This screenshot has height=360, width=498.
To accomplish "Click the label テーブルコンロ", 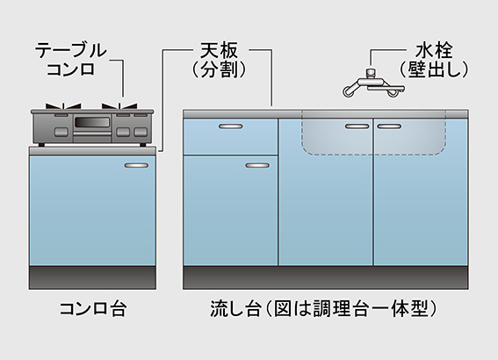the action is (70, 60).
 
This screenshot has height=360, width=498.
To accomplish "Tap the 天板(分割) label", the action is (220, 61).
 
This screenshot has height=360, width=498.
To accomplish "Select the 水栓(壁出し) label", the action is (434, 61).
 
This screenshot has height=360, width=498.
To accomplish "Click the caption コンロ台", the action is (93, 308).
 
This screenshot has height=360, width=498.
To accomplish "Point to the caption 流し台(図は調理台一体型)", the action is (323, 308).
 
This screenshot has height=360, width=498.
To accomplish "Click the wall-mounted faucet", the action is (373, 83).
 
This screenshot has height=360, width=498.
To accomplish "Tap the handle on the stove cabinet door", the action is (136, 165).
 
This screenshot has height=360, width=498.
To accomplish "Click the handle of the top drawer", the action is (231, 126).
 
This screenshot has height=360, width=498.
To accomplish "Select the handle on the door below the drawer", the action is (257, 165).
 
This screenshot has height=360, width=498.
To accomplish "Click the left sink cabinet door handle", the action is (357, 126).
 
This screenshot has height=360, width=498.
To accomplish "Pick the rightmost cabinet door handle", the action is (389, 126).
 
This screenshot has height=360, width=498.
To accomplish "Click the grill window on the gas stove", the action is (92, 122).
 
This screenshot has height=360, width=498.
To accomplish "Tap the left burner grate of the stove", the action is (63, 106).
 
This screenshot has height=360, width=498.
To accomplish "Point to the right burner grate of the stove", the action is (119, 106).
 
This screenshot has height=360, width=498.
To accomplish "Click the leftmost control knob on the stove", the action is (61, 132).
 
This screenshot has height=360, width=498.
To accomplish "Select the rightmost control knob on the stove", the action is (141, 132).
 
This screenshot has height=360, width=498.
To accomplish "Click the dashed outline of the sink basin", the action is (373, 155).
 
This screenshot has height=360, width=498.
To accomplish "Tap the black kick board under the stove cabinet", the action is (92, 277).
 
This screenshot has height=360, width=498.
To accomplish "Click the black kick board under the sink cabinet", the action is (326, 277).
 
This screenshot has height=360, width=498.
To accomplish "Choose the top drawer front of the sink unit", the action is (231, 136).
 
